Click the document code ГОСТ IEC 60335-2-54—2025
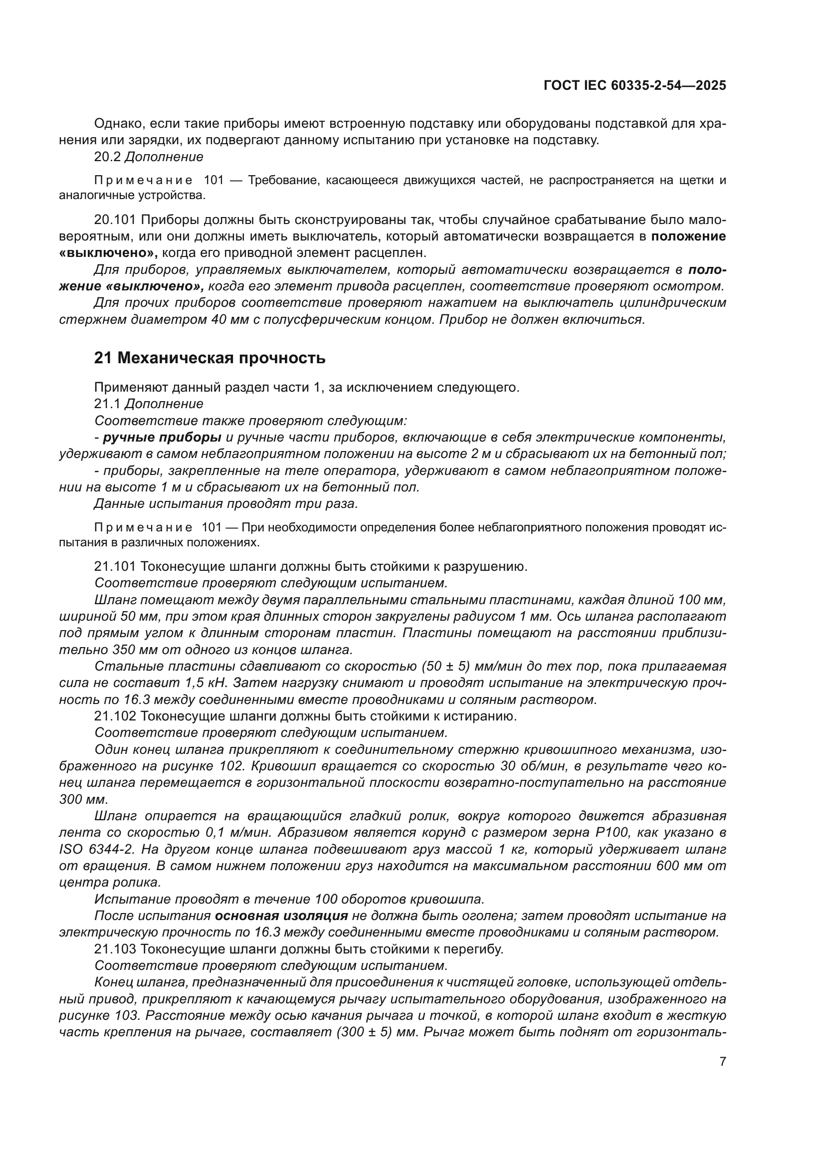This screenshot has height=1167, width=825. [634, 85]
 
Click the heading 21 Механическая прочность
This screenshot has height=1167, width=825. [209, 358]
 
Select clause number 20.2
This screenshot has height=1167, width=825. [107, 157]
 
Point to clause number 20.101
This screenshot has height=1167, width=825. [115, 220]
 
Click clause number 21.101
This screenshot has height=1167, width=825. [115, 566]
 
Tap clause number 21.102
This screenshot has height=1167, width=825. [115, 716]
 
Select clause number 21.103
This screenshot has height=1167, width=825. [115, 949]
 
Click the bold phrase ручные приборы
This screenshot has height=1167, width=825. [162, 438]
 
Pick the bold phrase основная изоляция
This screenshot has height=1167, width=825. [281, 916]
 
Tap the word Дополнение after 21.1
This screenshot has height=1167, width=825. [164, 404]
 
